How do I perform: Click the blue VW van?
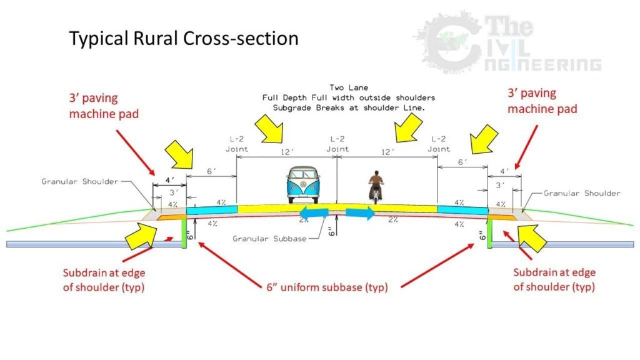[302, 186]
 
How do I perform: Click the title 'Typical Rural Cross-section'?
[183, 39]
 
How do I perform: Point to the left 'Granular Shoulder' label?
[80, 181]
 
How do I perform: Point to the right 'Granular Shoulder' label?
[582, 193]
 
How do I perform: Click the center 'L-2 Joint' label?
[337, 144]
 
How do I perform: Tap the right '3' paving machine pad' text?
[542, 100]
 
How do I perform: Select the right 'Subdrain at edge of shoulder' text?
[554, 279]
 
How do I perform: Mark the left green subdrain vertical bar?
[185, 232]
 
